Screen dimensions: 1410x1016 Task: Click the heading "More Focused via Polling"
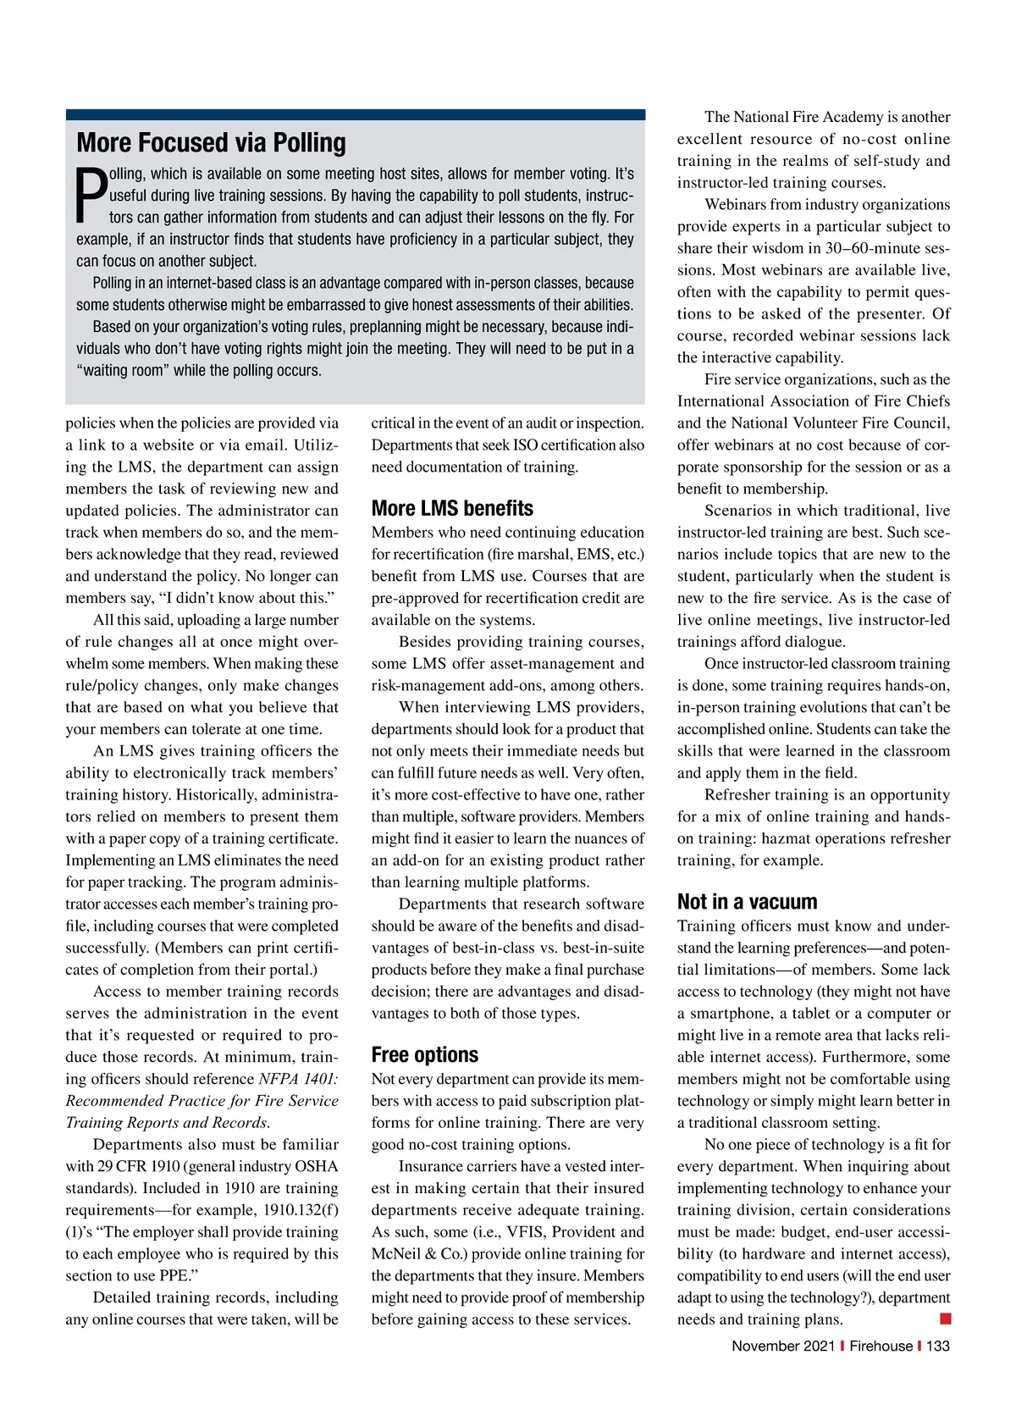pyautogui.click(x=211, y=142)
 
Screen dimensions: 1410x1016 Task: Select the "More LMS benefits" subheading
pyautogui.click(x=452, y=508)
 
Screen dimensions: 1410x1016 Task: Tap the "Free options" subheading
pyautogui.click(x=424, y=1054)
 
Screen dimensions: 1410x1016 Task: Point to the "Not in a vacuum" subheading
pyautogui.click(x=747, y=901)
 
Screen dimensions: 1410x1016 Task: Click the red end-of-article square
pyautogui.click(x=945, y=1319)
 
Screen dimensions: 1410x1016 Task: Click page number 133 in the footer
pyautogui.click(x=937, y=1346)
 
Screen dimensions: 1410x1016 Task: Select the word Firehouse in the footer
pyautogui.click(x=881, y=1346)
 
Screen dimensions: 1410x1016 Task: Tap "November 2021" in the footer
pyautogui.click(x=782, y=1346)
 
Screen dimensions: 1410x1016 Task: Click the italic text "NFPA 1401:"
pyautogui.click(x=298, y=1079)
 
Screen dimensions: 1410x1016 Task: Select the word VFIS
pyautogui.click(x=527, y=1232)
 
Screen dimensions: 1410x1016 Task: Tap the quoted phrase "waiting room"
pyautogui.click(x=123, y=370)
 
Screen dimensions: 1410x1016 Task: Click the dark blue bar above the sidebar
pyautogui.click(x=355, y=114)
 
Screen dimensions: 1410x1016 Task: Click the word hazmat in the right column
pyautogui.click(x=787, y=838)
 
